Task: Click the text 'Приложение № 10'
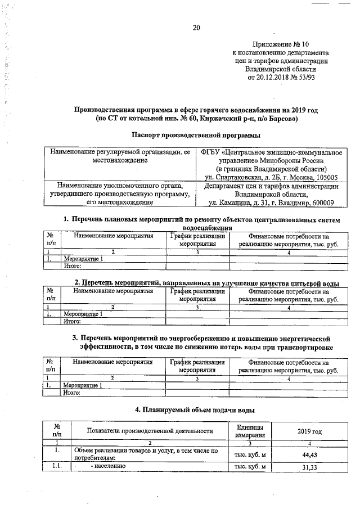pos(281,44)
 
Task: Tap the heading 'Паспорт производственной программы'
pos(196,135)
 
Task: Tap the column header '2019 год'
pos(309,431)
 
